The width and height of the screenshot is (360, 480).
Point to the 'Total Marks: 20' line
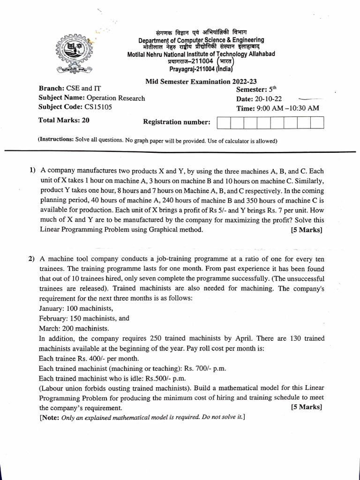[64, 120]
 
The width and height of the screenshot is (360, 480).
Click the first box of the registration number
[224, 123]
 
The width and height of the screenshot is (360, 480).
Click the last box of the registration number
[317, 123]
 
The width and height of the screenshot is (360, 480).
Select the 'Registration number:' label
[177, 122]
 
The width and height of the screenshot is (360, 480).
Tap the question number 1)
[32, 171]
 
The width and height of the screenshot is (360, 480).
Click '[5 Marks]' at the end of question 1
[307, 230]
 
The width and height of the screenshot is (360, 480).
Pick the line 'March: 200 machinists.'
[74, 328]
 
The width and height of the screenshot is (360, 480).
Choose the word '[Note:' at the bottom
[50, 417]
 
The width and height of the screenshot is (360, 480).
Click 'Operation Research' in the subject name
[116, 98]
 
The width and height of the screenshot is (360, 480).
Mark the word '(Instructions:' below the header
[55, 140]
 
